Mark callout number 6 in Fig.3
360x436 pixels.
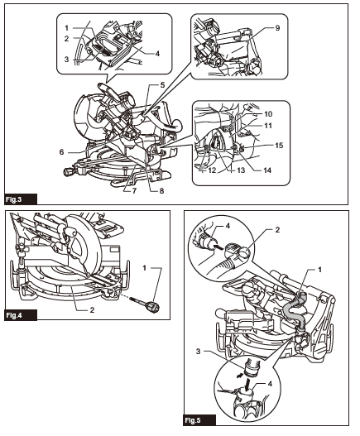(x=63, y=152)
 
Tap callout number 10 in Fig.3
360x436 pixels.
(x=267, y=113)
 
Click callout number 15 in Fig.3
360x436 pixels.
(x=279, y=145)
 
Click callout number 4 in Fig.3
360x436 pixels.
(x=156, y=53)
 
